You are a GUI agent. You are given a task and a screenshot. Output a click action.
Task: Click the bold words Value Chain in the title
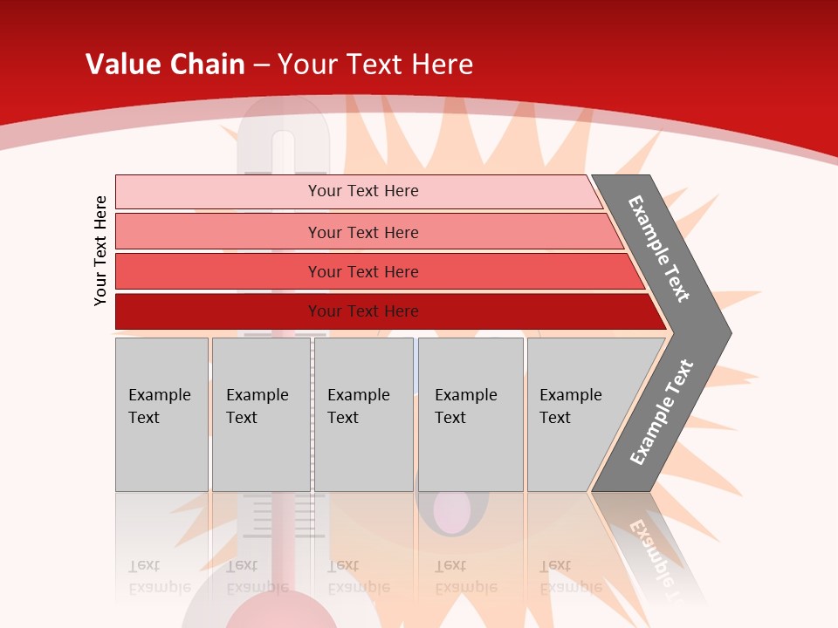(x=165, y=65)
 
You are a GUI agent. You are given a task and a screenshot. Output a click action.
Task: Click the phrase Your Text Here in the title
(x=375, y=65)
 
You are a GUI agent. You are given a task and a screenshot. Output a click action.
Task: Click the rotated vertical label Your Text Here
(x=101, y=251)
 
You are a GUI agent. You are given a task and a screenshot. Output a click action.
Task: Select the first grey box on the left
(x=161, y=414)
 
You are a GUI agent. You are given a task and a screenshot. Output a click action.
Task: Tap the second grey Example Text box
(x=260, y=414)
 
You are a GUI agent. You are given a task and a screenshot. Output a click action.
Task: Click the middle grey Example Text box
(x=363, y=414)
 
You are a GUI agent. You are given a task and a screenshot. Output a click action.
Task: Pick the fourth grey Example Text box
(x=471, y=414)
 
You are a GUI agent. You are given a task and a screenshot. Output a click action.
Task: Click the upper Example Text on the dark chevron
(x=659, y=249)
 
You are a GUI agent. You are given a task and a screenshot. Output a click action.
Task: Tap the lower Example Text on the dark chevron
(x=662, y=413)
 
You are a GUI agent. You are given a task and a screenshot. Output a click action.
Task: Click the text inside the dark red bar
(x=363, y=311)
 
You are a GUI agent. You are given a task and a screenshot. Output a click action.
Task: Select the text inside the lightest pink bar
(x=363, y=191)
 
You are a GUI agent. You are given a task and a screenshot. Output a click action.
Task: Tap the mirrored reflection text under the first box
(x=159, y=577)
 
